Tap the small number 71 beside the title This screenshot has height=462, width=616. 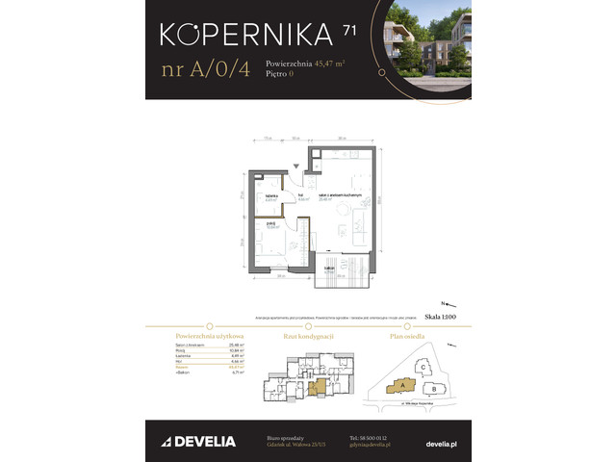click(347, 31)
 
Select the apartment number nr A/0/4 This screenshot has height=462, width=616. click(206, 70)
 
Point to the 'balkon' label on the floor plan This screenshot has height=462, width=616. click(329, 269)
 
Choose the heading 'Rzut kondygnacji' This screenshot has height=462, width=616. click(307, 337)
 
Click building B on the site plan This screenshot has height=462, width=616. click(434, 389)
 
